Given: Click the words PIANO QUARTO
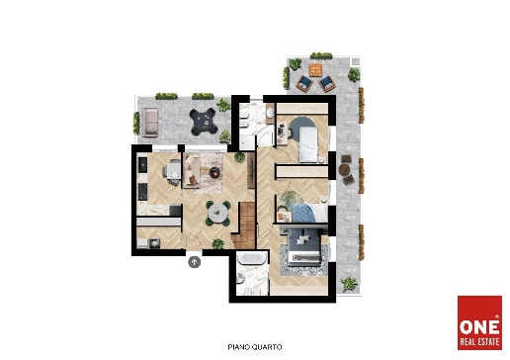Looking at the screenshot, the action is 255,347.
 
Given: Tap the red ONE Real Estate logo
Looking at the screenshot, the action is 479,322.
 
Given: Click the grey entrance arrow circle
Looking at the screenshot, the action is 195,262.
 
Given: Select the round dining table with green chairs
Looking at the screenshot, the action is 217,213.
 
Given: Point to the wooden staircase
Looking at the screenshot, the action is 244,225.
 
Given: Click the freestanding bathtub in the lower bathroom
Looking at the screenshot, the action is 252,258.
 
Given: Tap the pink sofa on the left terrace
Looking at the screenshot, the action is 150,123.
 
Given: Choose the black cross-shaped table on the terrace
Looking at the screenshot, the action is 204,122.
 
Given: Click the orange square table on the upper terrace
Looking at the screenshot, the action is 315,70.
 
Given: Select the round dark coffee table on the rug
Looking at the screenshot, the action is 214,172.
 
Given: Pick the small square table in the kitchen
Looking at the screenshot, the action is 173,170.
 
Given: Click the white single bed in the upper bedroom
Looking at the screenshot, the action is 308,144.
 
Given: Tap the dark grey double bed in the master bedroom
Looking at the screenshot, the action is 304,247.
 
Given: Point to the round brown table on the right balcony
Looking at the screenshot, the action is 344,169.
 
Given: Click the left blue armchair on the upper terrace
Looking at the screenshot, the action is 304,84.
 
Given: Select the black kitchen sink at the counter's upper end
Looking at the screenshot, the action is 142,164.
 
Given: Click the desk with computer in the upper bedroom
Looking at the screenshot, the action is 281,134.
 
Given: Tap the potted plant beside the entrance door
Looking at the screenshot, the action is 217,244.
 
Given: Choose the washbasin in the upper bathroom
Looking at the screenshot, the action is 270,114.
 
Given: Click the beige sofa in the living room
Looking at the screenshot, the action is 191,170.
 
